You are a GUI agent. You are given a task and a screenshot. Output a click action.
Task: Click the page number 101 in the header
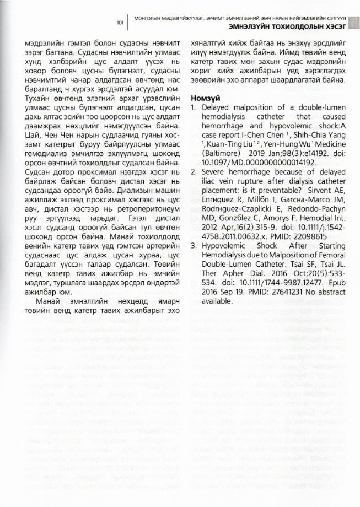[x=120, y=23]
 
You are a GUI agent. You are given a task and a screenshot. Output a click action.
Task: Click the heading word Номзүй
[x=206, y=98]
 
